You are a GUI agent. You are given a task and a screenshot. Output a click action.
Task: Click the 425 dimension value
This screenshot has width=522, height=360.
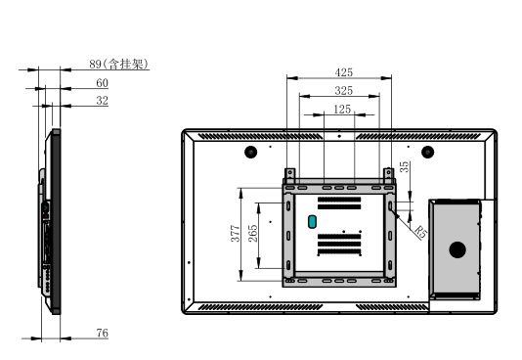(343, 72)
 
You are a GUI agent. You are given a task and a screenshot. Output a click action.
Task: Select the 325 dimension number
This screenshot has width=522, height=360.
(343, 90)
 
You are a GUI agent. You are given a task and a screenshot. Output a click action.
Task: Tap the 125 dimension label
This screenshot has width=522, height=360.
(342, 109)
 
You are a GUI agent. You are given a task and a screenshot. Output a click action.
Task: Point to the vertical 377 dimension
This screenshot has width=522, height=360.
(236, 233)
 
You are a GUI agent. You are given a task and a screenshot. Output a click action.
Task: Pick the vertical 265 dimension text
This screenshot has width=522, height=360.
(253, 233)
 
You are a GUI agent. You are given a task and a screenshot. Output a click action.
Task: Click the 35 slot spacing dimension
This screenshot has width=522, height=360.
(404, 166)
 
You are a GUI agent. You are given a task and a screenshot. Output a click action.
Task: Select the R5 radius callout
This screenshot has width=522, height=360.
(420, 232)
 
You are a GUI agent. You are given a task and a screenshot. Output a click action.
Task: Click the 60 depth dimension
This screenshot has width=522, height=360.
(103, 82)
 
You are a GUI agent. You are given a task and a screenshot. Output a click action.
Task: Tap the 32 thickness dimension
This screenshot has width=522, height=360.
(103, 100)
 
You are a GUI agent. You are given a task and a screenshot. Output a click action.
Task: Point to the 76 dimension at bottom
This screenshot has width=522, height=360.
(103, 333)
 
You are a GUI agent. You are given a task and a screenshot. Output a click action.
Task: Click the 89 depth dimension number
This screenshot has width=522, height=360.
(95, 64)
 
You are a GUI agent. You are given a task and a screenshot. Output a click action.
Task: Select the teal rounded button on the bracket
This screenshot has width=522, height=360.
(312, 222)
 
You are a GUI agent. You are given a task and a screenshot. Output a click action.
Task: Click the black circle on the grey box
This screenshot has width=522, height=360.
(457, 249)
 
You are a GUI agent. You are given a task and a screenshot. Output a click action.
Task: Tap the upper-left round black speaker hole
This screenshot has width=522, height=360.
(250, 153)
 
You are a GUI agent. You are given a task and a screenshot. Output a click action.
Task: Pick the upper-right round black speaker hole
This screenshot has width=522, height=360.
(427, 153)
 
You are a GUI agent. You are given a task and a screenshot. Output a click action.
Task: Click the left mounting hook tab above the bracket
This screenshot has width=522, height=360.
(290, 175)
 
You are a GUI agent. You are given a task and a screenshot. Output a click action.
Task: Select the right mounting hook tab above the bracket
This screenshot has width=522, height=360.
(388, 175)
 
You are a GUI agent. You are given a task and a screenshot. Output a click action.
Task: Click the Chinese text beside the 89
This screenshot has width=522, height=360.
(125, 64)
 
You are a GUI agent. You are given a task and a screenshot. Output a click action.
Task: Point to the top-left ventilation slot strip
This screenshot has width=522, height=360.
(261, 136)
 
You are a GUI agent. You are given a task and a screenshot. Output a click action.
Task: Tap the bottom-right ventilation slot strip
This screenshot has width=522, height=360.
(391, 306)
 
